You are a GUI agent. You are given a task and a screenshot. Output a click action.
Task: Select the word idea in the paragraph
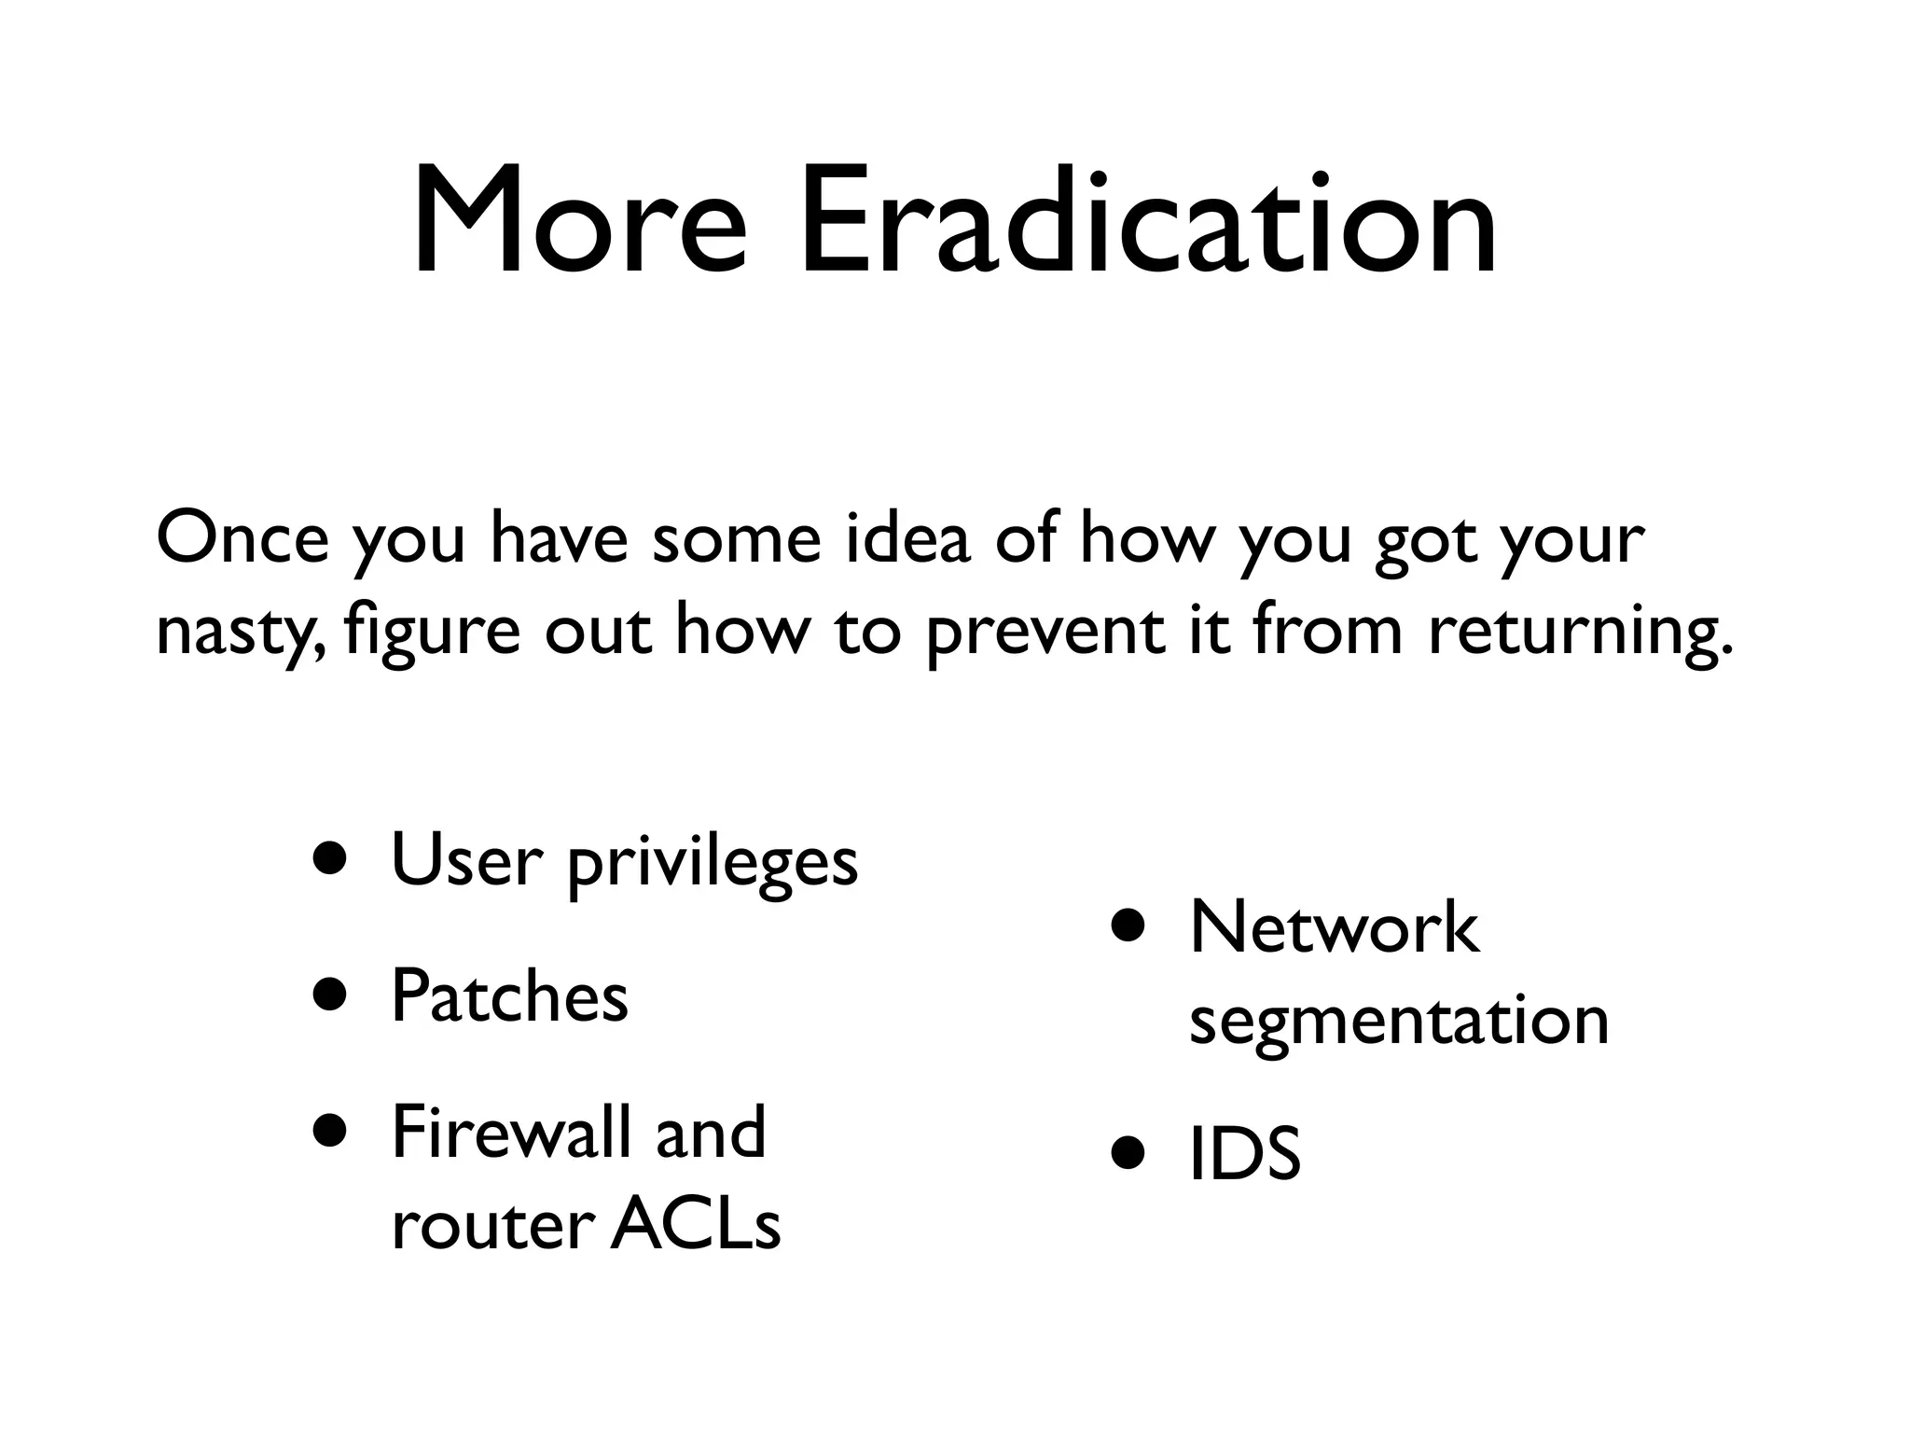coord(907,539)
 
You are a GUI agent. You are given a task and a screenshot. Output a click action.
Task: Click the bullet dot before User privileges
coord(333,858)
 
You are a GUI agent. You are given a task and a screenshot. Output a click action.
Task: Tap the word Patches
coord(509,995)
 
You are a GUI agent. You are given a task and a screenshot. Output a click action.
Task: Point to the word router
coord(493,1226)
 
